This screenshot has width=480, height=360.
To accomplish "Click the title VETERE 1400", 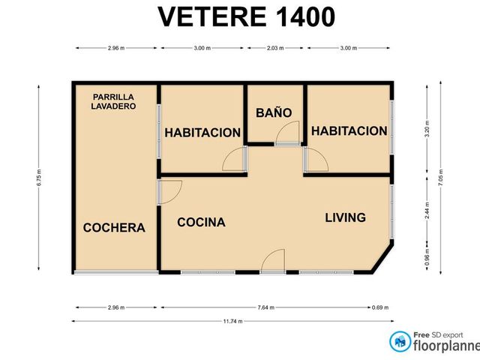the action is pyautogui.click(x=247, y=16).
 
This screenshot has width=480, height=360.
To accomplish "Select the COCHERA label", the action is pyautogui.click(x=114, y=227).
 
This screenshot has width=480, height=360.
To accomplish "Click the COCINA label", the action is pyautogui.click(x=201, y=222).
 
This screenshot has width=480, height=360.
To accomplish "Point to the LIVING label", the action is pyautogui.click(x=345, y=217).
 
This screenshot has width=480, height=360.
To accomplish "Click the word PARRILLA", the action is pyautogui.click(x=113, y=97).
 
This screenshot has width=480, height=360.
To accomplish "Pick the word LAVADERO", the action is pyautogui.click(x=113, y=106).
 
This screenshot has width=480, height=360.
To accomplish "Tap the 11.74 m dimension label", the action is pyautogui.click(x=233, y=321).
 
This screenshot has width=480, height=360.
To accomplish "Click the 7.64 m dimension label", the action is pyautogui.click(x=266, y=307).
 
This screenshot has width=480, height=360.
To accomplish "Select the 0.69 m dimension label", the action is pyautogui.click(x=380, y=307).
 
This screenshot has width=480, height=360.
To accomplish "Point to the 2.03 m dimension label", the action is pyautogui.click(x=275, y=48).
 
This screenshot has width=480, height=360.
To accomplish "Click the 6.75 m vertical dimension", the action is pyautogui.click(x=39, y=178).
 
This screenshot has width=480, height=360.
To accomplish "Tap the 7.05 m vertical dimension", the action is pyautogui.click(x=440, y=178).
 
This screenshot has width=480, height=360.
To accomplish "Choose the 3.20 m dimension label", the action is pyautogui.click(x=427, y=129).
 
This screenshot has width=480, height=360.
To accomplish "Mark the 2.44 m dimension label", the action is pyautogui.click(x=427, y=210).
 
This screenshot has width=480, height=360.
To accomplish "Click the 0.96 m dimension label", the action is pyautogui.click(x=427, y=257).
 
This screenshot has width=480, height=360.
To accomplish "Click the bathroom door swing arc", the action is pyautogui.click(x=284, y=126).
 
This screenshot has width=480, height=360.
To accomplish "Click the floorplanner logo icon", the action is pyautogui.click(x=400, y=342).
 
